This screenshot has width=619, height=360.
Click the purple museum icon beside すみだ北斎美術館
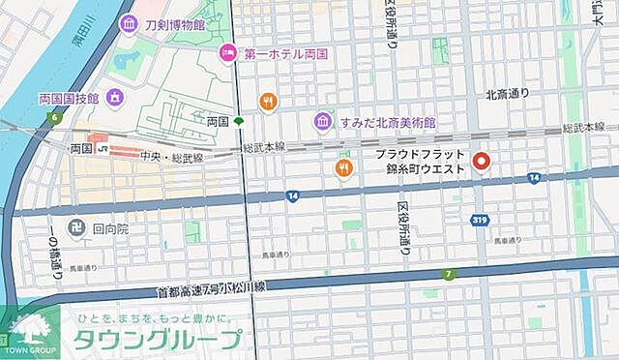point(323,122)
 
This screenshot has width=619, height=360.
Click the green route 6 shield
point(56,118)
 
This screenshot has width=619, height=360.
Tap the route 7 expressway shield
point(448,274)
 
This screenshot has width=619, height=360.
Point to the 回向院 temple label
point(112,231)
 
